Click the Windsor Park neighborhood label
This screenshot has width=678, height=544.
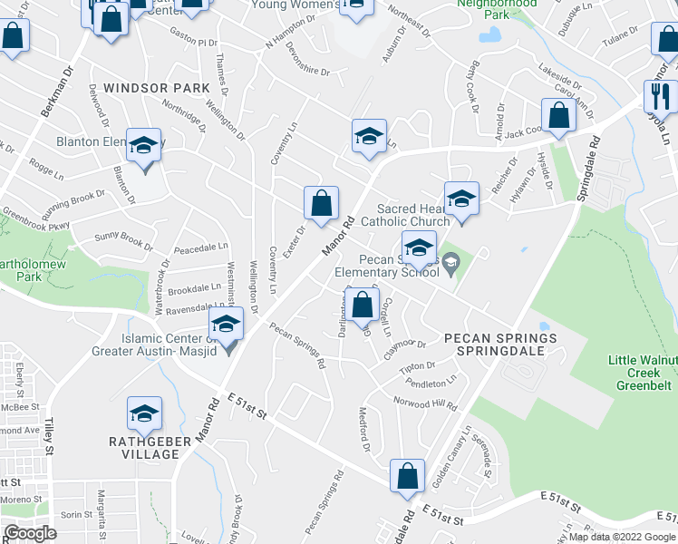pos(157,88)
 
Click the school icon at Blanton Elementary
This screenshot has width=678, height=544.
pos(143,146)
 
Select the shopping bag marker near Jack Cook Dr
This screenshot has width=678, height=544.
pos(558,114)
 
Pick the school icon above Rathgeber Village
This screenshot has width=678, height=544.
pos(143,413)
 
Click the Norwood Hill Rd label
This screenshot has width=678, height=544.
pos(424,404)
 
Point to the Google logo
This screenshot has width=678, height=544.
pos(29,532)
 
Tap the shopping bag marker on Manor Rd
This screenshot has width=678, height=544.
pos(321,202)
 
